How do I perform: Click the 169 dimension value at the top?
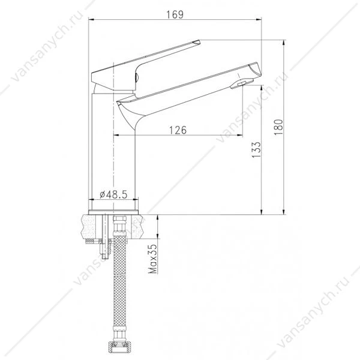[x=175, y=14]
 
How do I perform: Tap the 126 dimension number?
[x=178, y=130]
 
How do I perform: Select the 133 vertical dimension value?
[x=257, y=149]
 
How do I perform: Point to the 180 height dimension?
[x=279, y=127]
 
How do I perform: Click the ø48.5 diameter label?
[x=113, y=194]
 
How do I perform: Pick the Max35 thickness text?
[x=152, y=259]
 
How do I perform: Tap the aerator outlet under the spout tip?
[x=242, y=83]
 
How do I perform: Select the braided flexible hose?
[x=120, y=283]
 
